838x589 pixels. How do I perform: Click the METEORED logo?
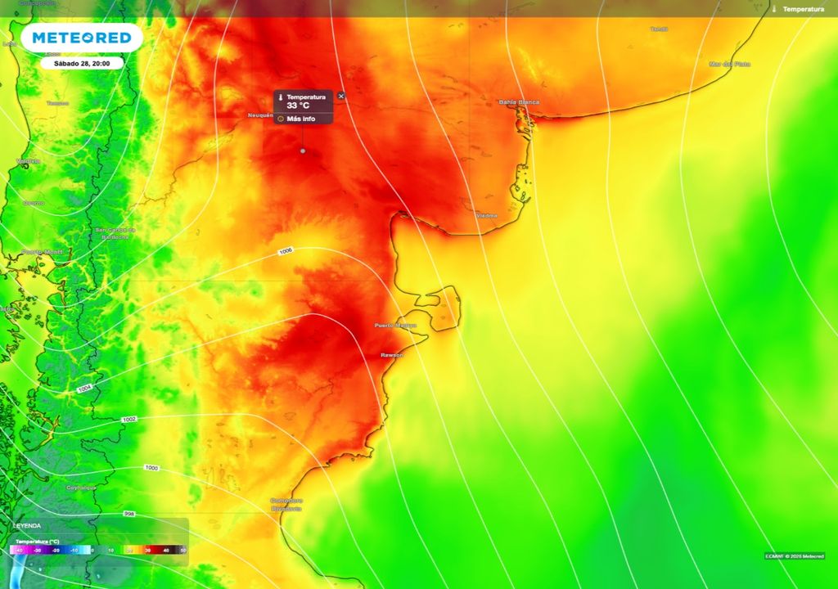click(82, 38)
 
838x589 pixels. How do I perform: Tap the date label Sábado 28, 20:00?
click(82, 63)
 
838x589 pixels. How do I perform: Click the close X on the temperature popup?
click(341, 96)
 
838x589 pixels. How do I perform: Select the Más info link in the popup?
click(300, 119)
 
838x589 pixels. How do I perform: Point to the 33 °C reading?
click(298, 106)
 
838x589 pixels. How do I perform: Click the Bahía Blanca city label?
click(519, 102)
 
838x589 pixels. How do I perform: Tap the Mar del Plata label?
click(729, 64)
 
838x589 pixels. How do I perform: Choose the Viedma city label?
click(486, 215)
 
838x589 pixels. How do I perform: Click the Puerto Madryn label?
click(395, 326)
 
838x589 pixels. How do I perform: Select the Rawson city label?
click(393, 355)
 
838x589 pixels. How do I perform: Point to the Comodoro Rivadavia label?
click(286, 504)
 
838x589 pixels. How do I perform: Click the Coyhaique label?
click(81, 487)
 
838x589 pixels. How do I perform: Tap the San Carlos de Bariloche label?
click(115, 233)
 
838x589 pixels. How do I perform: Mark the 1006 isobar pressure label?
click(286, 251)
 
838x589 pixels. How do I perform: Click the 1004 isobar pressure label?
click(84, 389)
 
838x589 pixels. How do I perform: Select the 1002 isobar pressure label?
click(129, 420)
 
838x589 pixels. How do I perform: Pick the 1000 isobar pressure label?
click(151, 468)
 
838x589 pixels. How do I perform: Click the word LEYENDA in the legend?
click(26, 525)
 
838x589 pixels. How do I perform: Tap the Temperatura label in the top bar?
click(803, 9)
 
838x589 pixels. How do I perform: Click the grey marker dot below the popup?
click(303, 151)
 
